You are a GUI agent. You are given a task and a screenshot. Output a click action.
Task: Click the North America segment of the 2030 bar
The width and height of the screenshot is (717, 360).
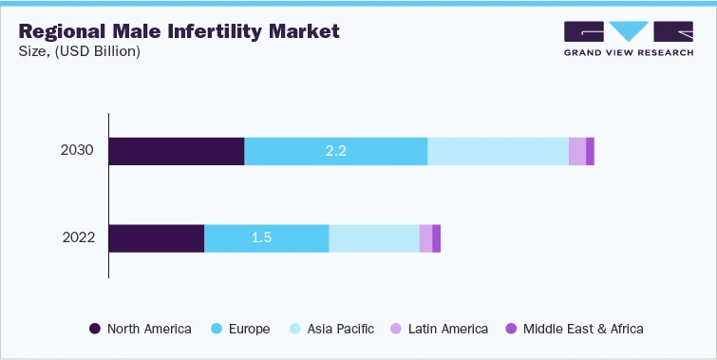pos(177,151)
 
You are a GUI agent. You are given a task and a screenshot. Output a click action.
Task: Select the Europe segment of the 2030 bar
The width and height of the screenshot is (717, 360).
pos(336,151)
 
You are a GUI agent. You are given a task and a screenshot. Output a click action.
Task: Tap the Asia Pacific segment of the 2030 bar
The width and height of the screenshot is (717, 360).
pos(498,151)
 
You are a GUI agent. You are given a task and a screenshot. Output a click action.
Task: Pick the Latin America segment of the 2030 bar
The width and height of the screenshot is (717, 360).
pos(577,151)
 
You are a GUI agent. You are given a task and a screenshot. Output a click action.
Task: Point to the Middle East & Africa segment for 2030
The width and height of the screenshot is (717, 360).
pos(590,151)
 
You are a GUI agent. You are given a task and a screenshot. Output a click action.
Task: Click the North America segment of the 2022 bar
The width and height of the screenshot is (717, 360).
pos(157,238)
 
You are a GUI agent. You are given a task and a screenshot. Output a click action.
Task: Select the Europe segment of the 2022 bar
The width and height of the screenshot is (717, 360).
pos(267,238)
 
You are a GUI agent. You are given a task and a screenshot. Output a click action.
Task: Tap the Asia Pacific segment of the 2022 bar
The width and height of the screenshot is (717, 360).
pos(374,238)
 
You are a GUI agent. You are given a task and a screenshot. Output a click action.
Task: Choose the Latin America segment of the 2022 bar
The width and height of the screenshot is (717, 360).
pos(425,238)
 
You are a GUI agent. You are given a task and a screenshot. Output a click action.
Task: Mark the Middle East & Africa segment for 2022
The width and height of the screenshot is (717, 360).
pos(436,238)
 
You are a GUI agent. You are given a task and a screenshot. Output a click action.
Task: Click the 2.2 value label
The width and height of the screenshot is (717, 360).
pos(335,151)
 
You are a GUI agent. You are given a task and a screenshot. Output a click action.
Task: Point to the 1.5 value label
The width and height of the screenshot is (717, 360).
pos(261,238)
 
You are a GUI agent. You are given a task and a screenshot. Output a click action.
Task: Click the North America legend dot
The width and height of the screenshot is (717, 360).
pos(95,329)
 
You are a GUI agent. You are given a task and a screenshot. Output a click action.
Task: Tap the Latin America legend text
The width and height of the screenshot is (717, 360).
pos(447,329)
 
